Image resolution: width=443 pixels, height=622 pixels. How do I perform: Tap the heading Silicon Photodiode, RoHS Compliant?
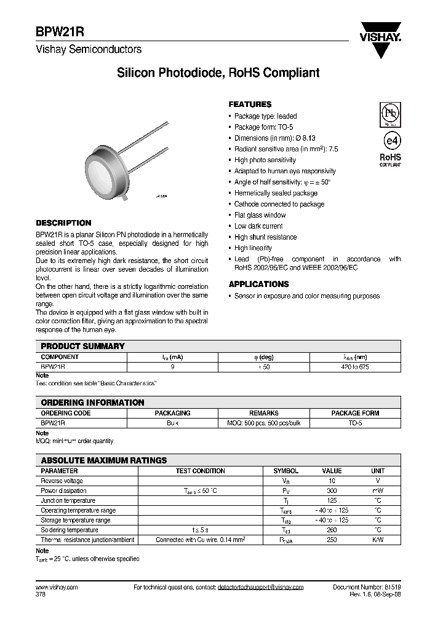[x=218, y=73]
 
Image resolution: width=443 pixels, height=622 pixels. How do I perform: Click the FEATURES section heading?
[x=250, y=104]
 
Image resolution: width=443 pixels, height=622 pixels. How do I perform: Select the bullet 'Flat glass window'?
[x=260, y=215]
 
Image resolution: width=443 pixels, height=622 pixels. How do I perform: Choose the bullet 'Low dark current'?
[x=258, y=226]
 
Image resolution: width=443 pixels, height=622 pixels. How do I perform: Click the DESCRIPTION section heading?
[x=63, y=223]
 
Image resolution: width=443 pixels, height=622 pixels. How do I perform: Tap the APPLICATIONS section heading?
[x=258, y=285]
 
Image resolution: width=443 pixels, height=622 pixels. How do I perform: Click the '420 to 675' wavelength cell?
[x=355, y=366]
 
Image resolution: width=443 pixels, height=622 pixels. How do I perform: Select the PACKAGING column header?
[x=172, y=414]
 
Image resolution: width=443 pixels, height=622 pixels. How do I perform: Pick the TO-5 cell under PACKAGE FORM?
[x=355, y=423]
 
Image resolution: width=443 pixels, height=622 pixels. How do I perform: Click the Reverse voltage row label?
[x=62, y=481]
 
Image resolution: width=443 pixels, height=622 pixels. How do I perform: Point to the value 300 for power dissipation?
[x=332, y=490]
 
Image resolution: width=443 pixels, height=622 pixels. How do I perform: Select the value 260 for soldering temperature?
[x=332, y=530]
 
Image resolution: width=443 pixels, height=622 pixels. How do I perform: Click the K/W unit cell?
[x=378, y=540]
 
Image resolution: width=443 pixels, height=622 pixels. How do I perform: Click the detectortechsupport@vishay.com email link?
[x=261, y=587]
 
